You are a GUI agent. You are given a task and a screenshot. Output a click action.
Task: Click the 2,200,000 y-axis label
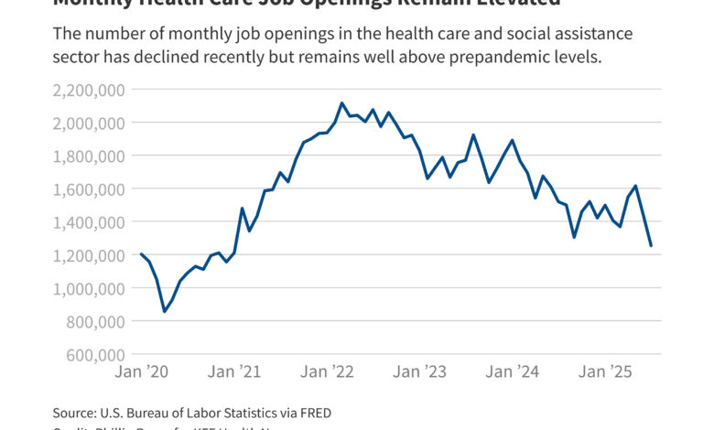[91, 90]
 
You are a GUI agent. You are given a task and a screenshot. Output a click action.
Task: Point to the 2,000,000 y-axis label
[91, 123]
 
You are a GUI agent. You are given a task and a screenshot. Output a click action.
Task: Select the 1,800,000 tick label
[91, 156]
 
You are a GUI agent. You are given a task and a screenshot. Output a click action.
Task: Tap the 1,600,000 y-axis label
[91, 188]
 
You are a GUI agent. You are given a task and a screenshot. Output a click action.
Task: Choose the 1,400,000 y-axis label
[91, 221]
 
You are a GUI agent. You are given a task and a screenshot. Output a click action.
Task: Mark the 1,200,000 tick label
[91, 255]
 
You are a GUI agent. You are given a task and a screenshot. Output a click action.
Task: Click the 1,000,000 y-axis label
[91, 288]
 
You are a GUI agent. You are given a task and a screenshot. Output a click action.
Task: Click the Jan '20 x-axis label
[141, 372]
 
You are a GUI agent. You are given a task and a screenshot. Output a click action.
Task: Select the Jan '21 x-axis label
[236, 372]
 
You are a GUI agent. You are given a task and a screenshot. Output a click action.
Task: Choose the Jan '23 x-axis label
[420, 372]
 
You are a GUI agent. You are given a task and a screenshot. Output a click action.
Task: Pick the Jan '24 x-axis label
[513, 372]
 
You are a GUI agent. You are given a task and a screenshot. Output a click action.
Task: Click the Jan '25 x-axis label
[605, 372]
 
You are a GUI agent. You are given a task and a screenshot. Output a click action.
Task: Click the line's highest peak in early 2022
[341, 103]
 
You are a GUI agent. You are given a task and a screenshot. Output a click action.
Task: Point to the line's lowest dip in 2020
[164, 312]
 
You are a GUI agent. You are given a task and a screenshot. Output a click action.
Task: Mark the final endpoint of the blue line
[651, 245]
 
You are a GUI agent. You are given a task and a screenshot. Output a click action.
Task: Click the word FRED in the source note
[314, 414]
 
